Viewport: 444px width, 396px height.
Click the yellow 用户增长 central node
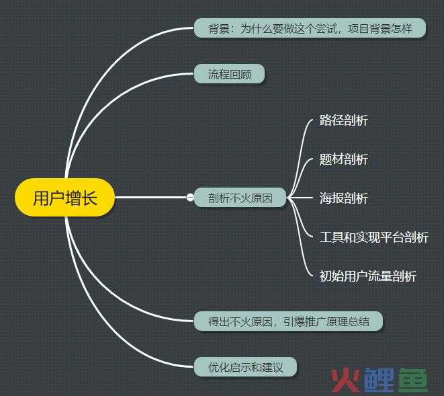pyautogui.click(x=65, y=197)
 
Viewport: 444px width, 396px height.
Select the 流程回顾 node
pyautogui.click(x=229, y=74)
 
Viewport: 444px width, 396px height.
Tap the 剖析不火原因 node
pyautogui.click(x=240, y=198)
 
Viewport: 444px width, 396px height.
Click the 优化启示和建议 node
pyautogui.click(x=245, y=367)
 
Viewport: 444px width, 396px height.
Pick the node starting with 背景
pyautogui.click(x=310, y=28)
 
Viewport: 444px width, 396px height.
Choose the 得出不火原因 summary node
pyautogui.click(x=289, y=321)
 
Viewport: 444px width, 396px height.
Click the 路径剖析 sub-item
pyautogui.click(x=344, y=120)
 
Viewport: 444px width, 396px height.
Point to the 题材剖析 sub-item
pyautogui.click(x=344, y=159)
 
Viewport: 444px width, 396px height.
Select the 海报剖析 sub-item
pyautogui.click(x=344, y=198)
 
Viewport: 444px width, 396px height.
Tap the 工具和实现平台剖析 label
pyautogui.click(x=373, y=237)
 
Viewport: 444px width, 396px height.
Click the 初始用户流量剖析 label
pyautogui.click(x=368, y=276)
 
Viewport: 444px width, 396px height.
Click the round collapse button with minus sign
pyautogui.click(x=190, y=197)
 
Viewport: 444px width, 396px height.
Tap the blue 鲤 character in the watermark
pyautogui.click(x=379, y=380)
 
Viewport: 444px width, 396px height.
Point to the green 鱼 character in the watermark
pyautogui.click(x=413, y=380)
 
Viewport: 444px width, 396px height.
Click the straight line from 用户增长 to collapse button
pyautogui.click(x=150, y=197)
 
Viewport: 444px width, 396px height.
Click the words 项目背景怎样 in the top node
pyautogui.click(x=380, y=28)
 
